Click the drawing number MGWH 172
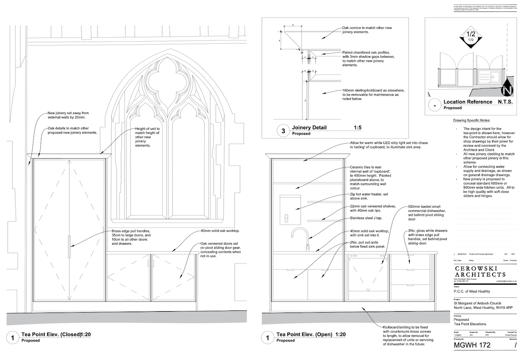pos(472,345)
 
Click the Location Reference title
pos(468,102)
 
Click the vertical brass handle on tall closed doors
pos(70,247)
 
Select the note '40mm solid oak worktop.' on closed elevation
pos(220,231)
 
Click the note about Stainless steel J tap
pos(369,218)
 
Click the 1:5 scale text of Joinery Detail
pos(357,128)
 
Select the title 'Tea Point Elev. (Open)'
pos(305,335)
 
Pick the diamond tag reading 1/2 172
pos(471,37)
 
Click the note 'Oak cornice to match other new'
pos(367,28)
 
